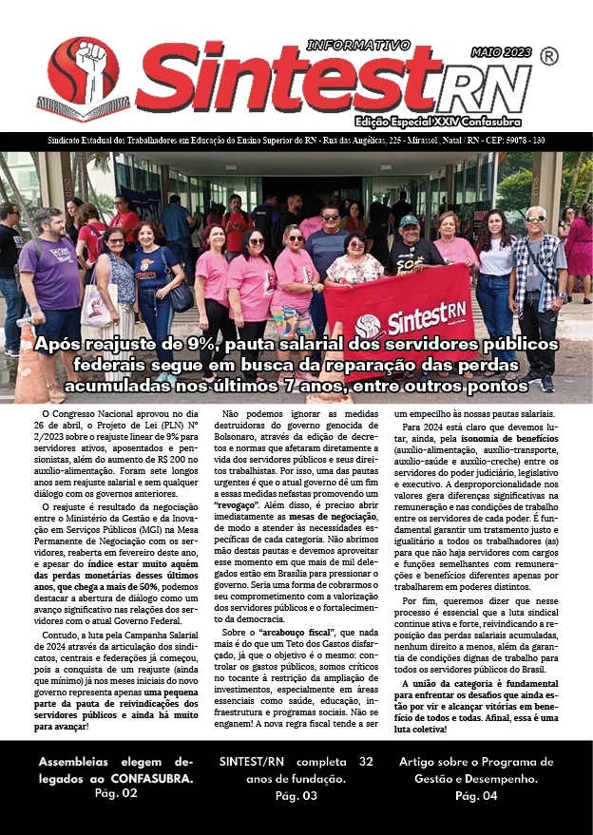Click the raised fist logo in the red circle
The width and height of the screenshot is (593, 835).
(x=84, y=71)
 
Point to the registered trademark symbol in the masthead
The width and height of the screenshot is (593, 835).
(x=548, y=57)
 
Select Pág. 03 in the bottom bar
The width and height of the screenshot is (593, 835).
(x=296, y=795)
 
